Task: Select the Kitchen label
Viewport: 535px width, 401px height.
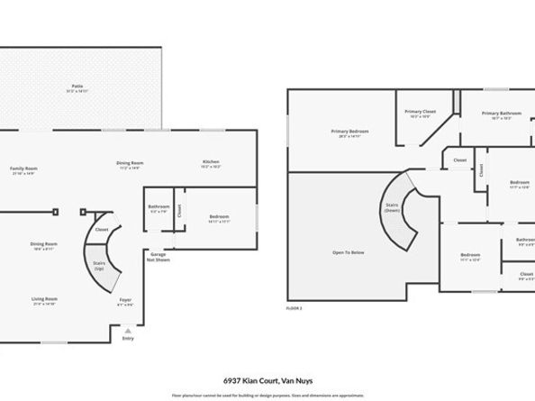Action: [211, 163]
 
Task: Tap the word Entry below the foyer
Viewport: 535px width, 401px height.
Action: [127, 339]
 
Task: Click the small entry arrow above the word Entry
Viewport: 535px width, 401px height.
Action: [127, 330]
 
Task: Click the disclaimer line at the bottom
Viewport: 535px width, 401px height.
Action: [267, 395]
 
